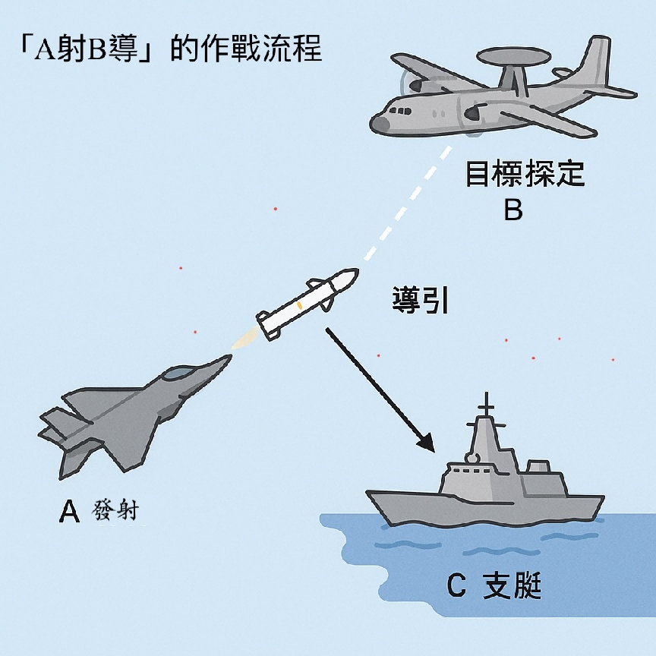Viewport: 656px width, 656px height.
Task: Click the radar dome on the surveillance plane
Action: coord(513,57)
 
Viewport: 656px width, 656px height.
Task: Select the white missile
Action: coord(307,302)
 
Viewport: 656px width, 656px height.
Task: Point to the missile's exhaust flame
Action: coord(245,339)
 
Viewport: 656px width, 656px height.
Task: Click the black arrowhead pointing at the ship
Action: coord(427,443)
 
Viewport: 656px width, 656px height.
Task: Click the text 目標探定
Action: coord(525,173)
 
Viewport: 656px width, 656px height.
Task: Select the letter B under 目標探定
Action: coord(513,210)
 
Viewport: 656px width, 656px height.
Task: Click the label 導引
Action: coord(421,300)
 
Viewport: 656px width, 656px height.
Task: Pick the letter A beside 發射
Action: coord(69,511)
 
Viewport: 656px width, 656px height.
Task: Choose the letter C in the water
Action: coord(456,585)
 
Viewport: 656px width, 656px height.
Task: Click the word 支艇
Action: coord(512,585)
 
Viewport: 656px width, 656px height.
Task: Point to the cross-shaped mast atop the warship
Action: coord(487,405)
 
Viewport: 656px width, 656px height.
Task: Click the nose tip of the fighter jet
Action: coord(229,356)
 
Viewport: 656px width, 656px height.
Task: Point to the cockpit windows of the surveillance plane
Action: coord(400,112)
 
